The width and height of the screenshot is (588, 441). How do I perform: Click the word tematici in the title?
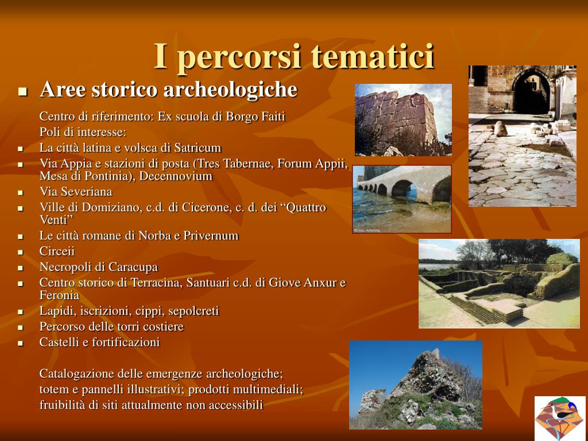373,56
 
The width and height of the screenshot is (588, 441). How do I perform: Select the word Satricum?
198,148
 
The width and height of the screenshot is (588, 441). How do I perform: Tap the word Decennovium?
176,176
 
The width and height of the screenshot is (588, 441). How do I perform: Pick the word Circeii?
57,252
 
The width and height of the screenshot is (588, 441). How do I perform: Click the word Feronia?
60,295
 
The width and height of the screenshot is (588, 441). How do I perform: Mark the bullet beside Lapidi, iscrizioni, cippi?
20,312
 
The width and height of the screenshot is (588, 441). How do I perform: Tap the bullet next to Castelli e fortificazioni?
20,343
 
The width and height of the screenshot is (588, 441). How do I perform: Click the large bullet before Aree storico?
23,91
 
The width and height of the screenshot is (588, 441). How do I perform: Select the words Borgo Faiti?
256,116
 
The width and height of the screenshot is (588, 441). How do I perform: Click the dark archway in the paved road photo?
532,93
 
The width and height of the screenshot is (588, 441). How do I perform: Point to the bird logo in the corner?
560,417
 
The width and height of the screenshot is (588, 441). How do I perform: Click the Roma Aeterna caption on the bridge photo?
367,230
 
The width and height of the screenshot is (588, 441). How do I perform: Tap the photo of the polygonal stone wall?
403,119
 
